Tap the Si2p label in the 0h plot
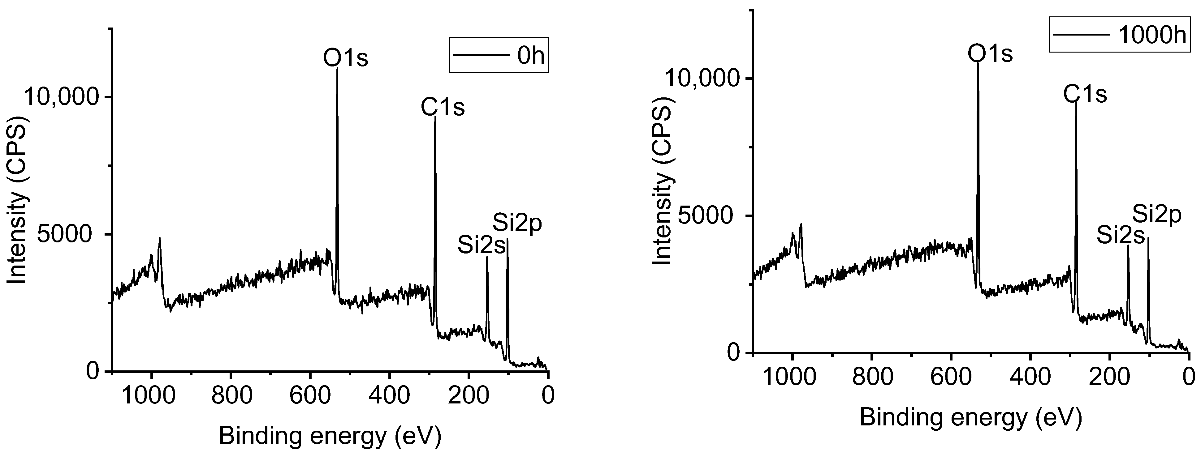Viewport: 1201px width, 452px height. [x=517, y=224]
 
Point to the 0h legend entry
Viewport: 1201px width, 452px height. [x=499, y=55]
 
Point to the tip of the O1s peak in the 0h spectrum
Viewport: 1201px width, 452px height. [x=337, y=68]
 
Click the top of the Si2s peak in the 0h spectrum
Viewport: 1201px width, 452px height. [x=487, y=257]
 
